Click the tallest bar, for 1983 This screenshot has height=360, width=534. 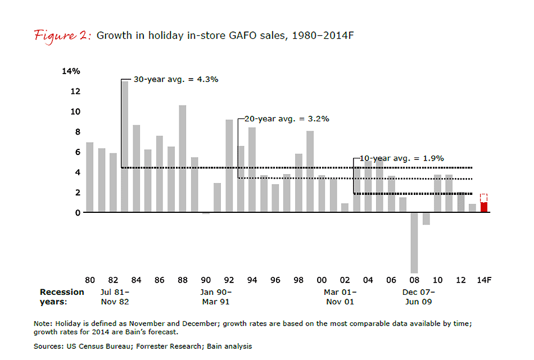tap(125, 146)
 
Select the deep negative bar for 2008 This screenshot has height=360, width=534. tap(414, 242)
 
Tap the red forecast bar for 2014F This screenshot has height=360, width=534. tap(483, 207)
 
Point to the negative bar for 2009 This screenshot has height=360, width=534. tap(426, 218)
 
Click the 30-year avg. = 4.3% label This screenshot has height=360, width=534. tap(175, 79)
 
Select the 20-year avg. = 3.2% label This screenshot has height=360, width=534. tap(287, 119)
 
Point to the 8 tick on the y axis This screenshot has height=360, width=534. tap(76, 132)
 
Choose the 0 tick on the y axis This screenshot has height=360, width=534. tap(76, 213)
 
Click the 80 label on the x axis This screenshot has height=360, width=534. tap(90, 280)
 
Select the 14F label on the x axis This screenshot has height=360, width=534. tap(484, 280)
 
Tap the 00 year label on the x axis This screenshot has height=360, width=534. tap(322, 280)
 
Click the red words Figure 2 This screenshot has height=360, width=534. tap(62, 35)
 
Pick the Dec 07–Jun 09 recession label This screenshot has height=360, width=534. tap(418, 297)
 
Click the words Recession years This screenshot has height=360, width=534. tap(62, 297)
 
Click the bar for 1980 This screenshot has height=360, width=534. tap(90, 177)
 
